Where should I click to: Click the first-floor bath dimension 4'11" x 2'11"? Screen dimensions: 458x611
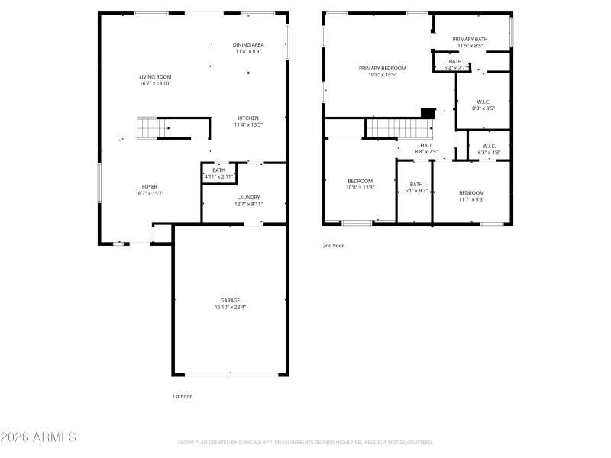(x=218, y=176)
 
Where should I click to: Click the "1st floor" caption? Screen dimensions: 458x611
(x=183, y=397)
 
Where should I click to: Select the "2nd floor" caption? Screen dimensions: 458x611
(x=333, y=246)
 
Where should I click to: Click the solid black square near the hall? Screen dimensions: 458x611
(x=428, y=112)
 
